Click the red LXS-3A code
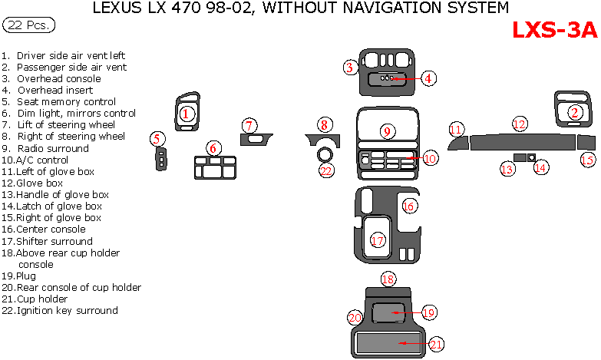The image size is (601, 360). pos(554,30)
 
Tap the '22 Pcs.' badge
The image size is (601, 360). pos(29,25)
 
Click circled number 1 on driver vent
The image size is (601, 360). pos(185,114)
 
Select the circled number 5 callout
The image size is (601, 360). pos(157,139)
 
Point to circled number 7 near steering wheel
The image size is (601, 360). pos(249,125)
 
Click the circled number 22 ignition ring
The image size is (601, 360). pos(327,170)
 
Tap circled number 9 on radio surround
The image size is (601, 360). pos(388,131)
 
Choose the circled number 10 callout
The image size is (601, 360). pos(430,158)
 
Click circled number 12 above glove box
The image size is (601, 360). pos(520,124)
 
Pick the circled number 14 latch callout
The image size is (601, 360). pos(541,167)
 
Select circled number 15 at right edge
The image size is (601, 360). pos(587,160)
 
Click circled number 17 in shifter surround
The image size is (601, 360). pos(377,240)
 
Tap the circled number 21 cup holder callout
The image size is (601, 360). pos(436,345)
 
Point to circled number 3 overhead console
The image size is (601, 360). pos(350,68)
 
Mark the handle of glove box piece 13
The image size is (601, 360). pos(520,157)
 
